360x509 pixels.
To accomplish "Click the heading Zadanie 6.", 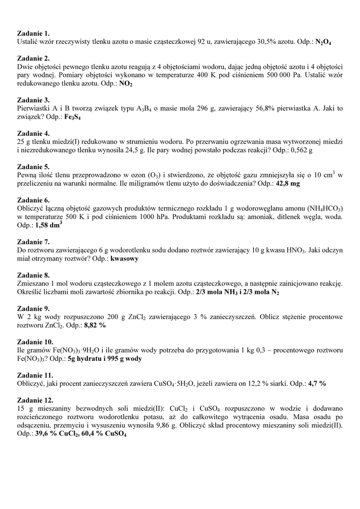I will tap(33, 200).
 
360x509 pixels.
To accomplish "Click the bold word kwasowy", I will tap(124, 259).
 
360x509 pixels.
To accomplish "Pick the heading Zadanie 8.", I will tap(33, 275).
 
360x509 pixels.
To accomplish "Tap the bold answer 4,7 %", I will tap(317, 384).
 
